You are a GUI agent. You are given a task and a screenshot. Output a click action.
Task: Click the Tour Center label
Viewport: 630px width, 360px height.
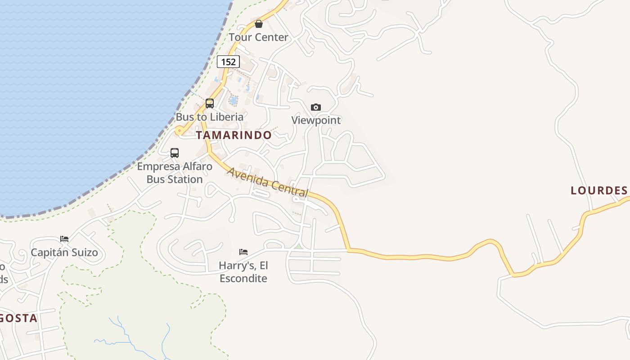[x=258, y=37]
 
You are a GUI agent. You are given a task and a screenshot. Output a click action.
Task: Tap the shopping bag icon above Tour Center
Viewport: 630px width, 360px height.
[x=259, y=24]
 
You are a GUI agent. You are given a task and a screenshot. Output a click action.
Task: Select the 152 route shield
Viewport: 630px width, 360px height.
[x=228, y=62]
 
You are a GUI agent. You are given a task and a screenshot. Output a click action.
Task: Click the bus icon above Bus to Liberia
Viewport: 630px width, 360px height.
[x=210, y=103]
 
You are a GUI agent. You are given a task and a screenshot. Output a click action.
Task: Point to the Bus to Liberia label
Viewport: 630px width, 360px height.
[x=209, y=117]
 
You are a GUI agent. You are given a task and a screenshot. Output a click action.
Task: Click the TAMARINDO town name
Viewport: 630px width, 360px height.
[x=234, y=135]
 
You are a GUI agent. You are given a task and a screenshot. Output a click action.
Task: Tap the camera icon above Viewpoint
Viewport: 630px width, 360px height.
[x=316, y=107]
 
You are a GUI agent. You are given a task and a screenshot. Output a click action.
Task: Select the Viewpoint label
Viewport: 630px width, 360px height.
[x=316, y=120]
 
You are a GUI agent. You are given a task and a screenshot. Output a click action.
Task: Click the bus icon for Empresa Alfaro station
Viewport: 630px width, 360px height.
[x=175, y=153]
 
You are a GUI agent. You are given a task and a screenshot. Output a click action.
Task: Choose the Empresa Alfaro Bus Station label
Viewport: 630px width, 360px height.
[x=175, y=173]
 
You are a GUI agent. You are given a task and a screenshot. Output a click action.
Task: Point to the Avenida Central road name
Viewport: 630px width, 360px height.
[x=268, y=183]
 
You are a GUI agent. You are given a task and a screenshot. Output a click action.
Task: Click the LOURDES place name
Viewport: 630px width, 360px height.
[x=599, y=190]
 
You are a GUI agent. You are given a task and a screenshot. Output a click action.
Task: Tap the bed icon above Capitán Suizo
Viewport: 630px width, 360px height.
[x=64, y=239]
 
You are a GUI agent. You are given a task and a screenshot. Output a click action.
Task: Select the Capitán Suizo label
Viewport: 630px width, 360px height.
[x=64, y=252]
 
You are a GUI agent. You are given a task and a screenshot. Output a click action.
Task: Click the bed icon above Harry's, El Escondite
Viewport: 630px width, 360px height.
[x=243, y=252]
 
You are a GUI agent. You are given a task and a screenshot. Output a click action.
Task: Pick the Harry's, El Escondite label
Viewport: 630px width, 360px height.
[x=243, y=272]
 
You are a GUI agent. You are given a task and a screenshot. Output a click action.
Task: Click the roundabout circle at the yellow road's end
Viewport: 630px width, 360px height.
[x=179, y=131]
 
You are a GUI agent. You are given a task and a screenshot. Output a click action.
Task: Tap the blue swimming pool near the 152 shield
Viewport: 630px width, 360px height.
[x=233, y=100]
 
